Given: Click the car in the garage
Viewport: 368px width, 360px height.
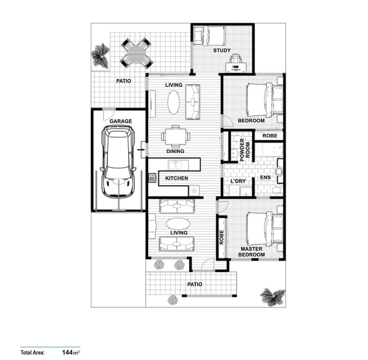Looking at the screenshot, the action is pos(118,161).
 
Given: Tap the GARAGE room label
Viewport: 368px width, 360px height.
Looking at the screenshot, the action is pos(121,121).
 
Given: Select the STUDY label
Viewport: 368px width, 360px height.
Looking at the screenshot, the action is pos(222,50).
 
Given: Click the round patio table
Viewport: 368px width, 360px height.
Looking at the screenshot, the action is pos(136,53).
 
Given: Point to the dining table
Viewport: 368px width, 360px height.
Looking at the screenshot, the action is pos(175,136).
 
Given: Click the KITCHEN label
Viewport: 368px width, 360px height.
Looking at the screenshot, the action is pos(177,178).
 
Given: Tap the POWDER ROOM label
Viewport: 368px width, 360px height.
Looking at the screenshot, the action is pos(245,150).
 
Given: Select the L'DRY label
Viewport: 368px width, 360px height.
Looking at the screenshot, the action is pos(238,181).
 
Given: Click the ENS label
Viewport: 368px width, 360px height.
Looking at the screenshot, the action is pos(265,177).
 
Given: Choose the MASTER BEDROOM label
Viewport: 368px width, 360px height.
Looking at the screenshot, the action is pos(251,252).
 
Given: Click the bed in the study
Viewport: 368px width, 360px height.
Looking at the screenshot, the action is pos(209,35).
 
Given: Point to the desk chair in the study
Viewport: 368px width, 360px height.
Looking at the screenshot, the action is pos(236,59).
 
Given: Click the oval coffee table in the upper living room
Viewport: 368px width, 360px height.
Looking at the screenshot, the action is pos(174,102).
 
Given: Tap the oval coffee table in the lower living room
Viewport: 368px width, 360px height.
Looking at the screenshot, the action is pos(178,223).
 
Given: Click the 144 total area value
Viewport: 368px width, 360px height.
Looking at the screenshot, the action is pos(67,352).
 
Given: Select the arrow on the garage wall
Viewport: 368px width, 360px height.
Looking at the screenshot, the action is pos(141,150).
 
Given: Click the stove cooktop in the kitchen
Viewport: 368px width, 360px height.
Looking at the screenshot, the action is pos(152,178).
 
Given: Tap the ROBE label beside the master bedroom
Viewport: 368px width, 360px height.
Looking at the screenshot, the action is pos(221,237).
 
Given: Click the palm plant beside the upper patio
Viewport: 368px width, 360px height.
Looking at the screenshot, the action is pos(101,55).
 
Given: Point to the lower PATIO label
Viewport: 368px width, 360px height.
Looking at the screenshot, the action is pos(195,284).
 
